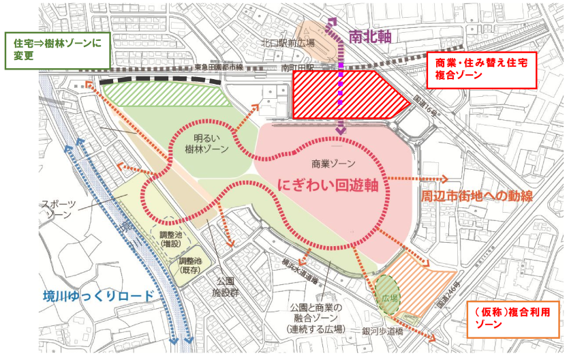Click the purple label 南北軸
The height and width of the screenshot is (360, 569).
371,37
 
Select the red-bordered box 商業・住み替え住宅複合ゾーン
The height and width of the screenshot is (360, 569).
481,69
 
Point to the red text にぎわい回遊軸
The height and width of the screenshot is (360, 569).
328,185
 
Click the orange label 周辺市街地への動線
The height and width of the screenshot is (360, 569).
474,196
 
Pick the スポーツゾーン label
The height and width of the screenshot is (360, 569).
59,210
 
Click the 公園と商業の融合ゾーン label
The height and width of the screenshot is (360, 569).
313,320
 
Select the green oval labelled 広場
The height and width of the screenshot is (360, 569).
390,294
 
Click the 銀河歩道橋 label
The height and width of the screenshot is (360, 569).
386,331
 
